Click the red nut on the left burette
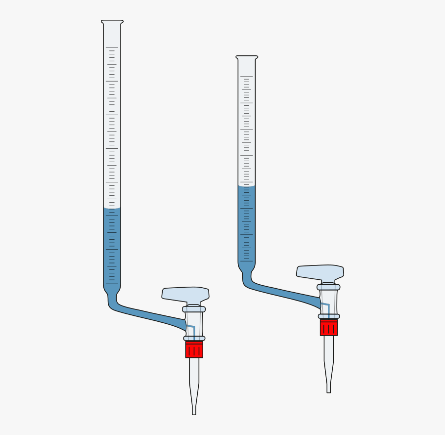click(x=194, y=349)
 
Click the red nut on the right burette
click(x=328, y=327)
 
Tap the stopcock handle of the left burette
click(x=185, y=293)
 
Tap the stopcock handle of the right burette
click(x=320, y=271)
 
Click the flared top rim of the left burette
click(x=112, y=22)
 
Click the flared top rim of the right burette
click(x=247, y=57)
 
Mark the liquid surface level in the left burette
click(x=112, y=209)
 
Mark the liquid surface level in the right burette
click(x=247, y=186)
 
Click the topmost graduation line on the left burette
click(x=112, y=47)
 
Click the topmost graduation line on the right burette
click(x=247, y=77)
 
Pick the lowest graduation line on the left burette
click(x=112, y=283)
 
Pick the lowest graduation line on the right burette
click(x=247, y=261)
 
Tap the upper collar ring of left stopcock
click(x=194, y=309)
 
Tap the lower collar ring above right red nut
click(x=328, y=316)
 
